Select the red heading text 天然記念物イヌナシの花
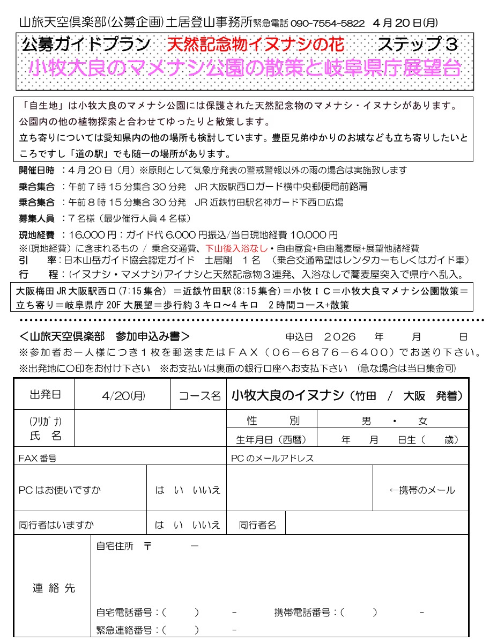coord(255,45)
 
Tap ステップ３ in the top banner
coord(418,45)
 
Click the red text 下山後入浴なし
coord(236,248)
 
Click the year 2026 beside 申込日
coord(340,337)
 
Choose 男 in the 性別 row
coord(366,421)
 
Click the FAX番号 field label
coord(38,458)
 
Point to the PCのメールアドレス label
coord(272,458)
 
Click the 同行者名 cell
coord(257,525)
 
